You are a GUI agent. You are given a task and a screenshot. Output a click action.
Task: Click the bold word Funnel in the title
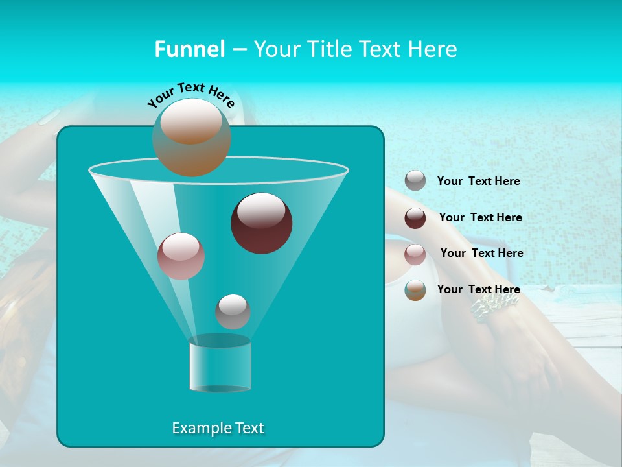[x=189, y=49]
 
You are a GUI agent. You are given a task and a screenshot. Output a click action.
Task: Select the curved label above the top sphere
[x=191, y=94]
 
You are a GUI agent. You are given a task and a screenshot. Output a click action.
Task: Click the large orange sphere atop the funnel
[x=192, y=138]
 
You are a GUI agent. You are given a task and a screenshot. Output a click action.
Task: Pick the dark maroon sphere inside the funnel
[x=261, y=223]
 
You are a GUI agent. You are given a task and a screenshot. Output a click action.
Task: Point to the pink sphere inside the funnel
[x=181, y=256]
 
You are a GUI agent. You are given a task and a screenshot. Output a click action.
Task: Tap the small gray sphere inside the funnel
[x=233, y=311]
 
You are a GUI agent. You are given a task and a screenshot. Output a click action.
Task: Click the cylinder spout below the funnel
[x=220, y=366]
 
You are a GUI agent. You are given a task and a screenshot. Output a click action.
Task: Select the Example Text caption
[x=218, y=428]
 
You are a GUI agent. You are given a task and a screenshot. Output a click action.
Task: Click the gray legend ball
[x=415, y=180]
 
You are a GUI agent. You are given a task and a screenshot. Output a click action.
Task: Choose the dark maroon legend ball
[x=415, y=218]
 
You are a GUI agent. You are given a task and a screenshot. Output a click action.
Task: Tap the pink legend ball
[x=415, y=254]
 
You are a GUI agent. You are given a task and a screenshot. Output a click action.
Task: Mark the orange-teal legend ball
[x=415, y=290]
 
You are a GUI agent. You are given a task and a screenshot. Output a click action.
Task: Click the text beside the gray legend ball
[x=478, y=181]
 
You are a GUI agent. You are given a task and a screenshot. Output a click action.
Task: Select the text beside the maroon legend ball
[x=480, y=217]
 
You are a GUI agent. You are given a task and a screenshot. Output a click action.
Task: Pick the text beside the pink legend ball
[x=481, y=253]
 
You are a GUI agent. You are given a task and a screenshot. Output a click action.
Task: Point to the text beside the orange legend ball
[x=478, y=289]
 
